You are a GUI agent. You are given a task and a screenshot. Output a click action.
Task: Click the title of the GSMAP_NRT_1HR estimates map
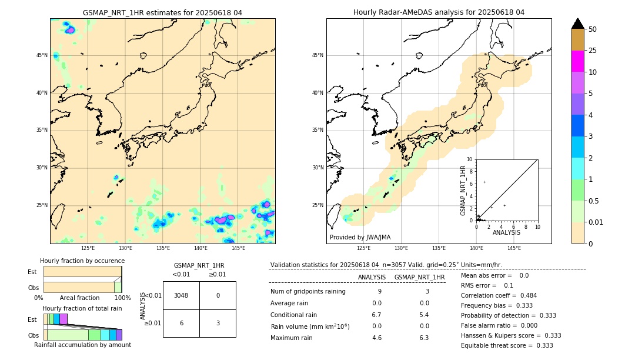coord(162,12)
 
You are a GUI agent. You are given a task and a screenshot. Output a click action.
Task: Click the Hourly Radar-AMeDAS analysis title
coord(439,12)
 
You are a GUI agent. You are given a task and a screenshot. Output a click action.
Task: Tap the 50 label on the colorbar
coord(593,29)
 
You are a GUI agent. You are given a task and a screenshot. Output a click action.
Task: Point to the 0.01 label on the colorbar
coord(596,222)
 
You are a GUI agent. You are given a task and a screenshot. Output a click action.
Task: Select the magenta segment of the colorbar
coord(577,61)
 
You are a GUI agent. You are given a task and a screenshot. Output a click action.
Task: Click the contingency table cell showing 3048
coord(181,295)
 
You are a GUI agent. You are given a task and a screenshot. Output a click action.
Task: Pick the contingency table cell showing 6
coord(181,323)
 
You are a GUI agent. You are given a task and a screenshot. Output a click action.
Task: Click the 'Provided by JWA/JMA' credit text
coord(360,237)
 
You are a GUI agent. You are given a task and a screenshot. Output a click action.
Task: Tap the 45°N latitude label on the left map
coord(42,55)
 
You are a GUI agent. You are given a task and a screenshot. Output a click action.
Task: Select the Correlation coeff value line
coord(499,295)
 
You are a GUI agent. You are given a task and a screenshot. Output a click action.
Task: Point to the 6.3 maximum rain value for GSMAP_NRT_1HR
coord(423,338)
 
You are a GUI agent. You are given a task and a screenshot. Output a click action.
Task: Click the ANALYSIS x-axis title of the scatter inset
coord(506,232)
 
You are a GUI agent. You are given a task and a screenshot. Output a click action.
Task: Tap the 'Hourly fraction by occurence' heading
coord(82,261)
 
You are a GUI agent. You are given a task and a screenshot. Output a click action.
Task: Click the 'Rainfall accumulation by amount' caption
coord(82,345)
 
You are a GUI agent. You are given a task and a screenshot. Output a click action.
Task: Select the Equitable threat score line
coord(507,345)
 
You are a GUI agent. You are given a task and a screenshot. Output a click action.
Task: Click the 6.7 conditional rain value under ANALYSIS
coord(377,315)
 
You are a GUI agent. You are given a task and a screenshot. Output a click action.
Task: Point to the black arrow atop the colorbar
coord(577,24)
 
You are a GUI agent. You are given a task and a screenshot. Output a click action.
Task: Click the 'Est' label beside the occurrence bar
coord(32,272)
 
